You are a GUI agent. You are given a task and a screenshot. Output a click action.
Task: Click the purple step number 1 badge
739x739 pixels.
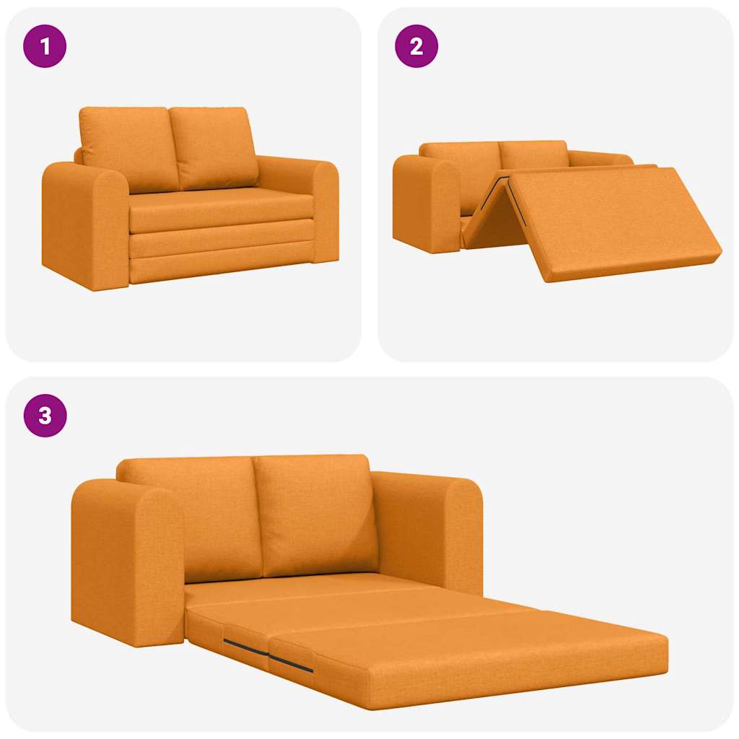coord(45,46)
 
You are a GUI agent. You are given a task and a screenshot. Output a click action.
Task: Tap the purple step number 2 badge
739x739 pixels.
coord(416,46)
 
